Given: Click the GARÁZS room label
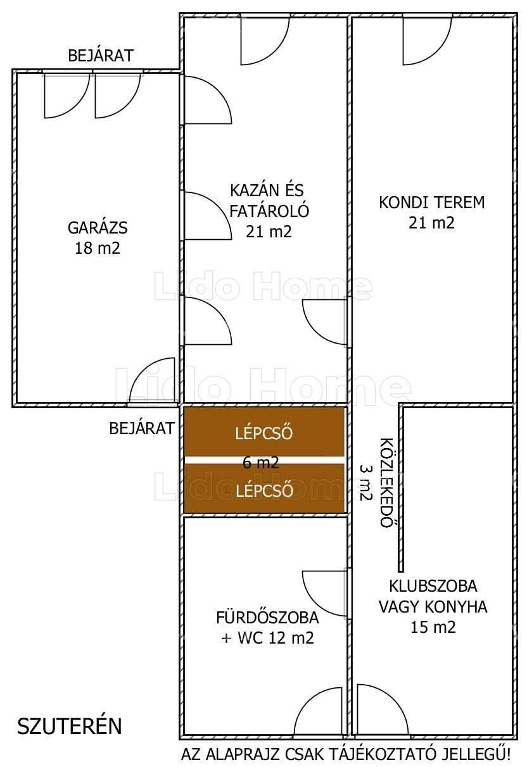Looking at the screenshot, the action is (98, 228).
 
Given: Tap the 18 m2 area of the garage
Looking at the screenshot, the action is (98, 248).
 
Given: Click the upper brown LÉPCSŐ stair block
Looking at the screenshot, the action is (264, 432).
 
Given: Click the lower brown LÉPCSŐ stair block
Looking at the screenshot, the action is (264, 489).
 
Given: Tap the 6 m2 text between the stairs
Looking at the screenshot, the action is (260, 463).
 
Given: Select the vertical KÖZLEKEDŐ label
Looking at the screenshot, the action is (386, 482).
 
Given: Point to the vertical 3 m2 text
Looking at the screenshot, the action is (365, 482).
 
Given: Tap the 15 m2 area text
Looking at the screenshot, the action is (433, 627).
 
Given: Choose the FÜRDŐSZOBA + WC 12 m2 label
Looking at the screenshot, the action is (267, 628).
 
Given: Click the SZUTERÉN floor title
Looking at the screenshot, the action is (70, 726).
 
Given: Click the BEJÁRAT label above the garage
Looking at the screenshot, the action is (101, 56).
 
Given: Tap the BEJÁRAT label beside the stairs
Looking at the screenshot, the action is (142, 428).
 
